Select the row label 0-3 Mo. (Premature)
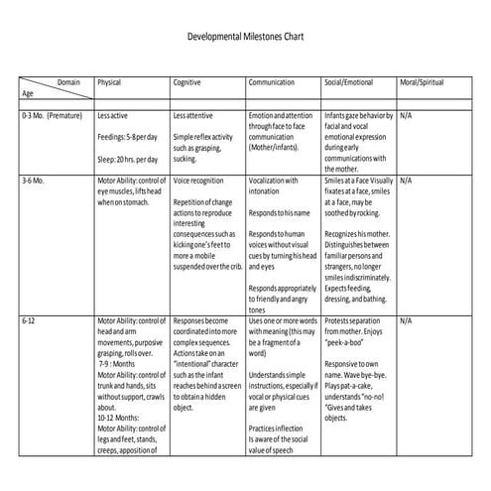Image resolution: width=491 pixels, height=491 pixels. click(52, 116)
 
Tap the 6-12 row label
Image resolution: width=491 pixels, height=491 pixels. click(29, 322)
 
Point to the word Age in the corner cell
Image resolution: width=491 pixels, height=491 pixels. click(27, 93)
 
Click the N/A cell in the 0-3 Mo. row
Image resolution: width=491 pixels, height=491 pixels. click(406, 116)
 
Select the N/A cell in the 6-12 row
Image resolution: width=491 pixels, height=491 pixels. click(406, 322)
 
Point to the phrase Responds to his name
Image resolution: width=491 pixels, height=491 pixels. click(280, 213)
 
